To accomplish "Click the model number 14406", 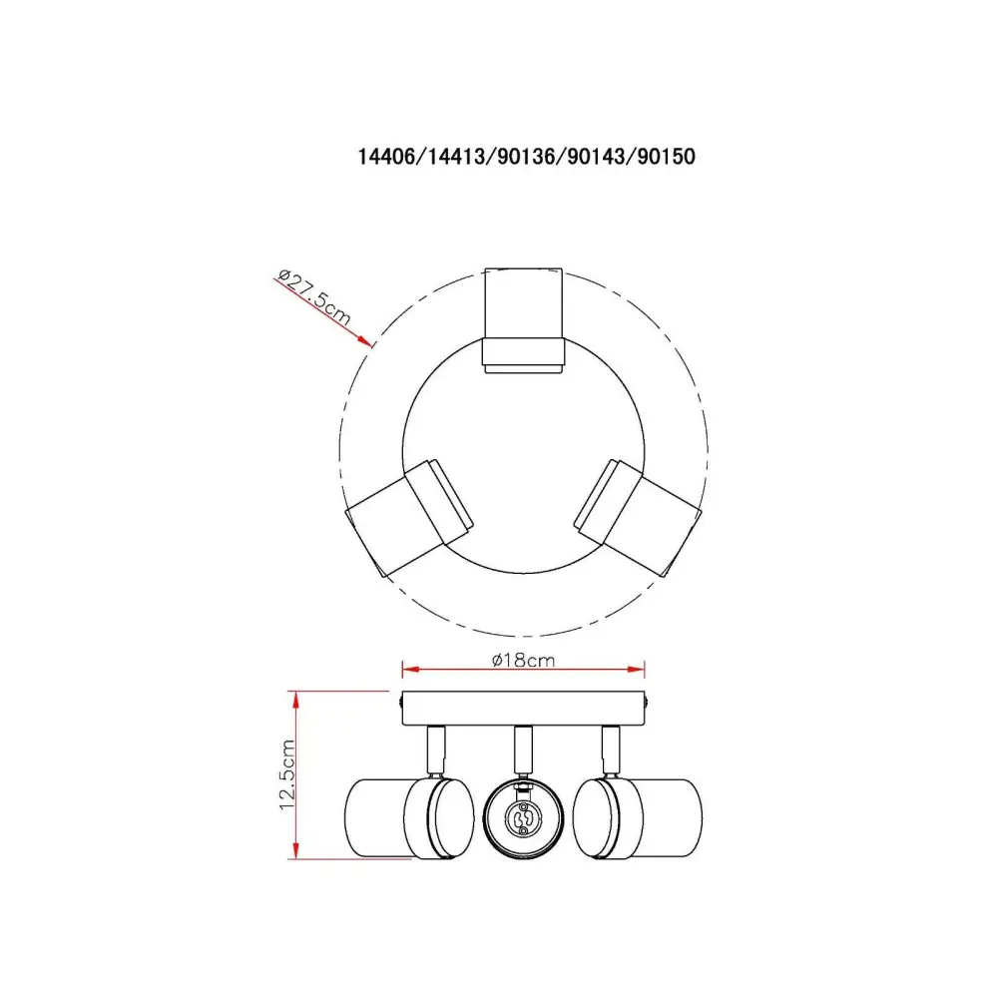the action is (x=385, y=157).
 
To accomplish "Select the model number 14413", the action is (x=456, y=157).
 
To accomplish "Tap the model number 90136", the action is (x=526, y=157).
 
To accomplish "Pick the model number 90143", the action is (x=597, y=157).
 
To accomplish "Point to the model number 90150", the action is (x=667, y=157).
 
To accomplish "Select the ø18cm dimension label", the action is (x=523, y=660).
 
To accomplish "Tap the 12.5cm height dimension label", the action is (x=287, y=774).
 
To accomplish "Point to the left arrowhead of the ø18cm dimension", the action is (x=410, y=669).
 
